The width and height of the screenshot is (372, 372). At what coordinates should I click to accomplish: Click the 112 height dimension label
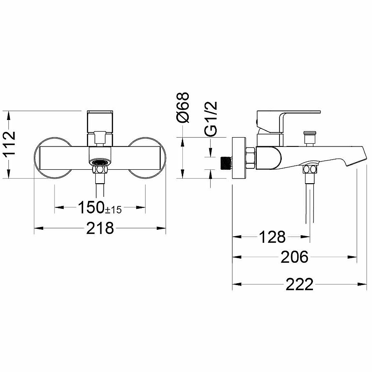(x=9, y=143)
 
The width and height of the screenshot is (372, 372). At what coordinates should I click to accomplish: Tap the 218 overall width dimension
(x=100, y=228)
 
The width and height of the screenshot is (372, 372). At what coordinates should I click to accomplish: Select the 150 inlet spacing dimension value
(x=91, y=207)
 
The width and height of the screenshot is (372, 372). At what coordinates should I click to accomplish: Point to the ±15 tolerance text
(x=113, y=210)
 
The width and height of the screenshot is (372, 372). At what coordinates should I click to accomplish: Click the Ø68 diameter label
(x=183, y=107)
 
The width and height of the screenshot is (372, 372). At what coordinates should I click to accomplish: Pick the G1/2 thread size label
(x=211, y=119)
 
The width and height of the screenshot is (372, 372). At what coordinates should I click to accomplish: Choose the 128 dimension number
(x=272, y=237)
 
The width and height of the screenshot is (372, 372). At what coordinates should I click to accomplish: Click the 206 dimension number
(x=294, y=257)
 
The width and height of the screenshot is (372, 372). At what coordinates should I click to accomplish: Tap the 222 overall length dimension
(x=299, y=284)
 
